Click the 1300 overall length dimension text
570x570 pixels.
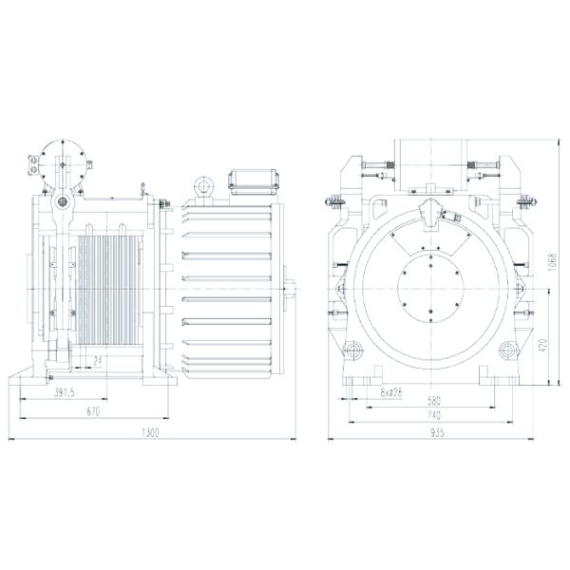pos(150,432)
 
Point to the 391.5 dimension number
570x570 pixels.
pos(65,390)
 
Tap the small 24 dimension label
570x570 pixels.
pos(99,361)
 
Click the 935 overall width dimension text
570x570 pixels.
pos(436,432)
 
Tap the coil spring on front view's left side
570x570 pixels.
pos(336,203)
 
